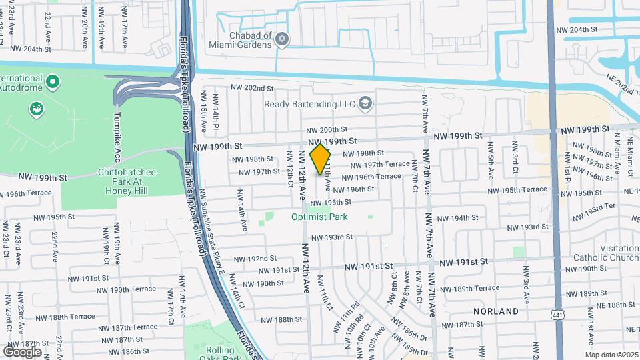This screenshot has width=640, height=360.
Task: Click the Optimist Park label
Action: coord(310,217)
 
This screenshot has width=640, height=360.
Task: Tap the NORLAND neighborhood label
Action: coord(495,311)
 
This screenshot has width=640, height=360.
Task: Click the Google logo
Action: coord(22,351)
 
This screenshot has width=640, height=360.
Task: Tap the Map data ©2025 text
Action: coord(611,355)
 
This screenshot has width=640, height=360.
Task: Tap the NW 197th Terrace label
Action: coord(387,164)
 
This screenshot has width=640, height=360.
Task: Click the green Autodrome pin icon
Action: coord(54,83)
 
